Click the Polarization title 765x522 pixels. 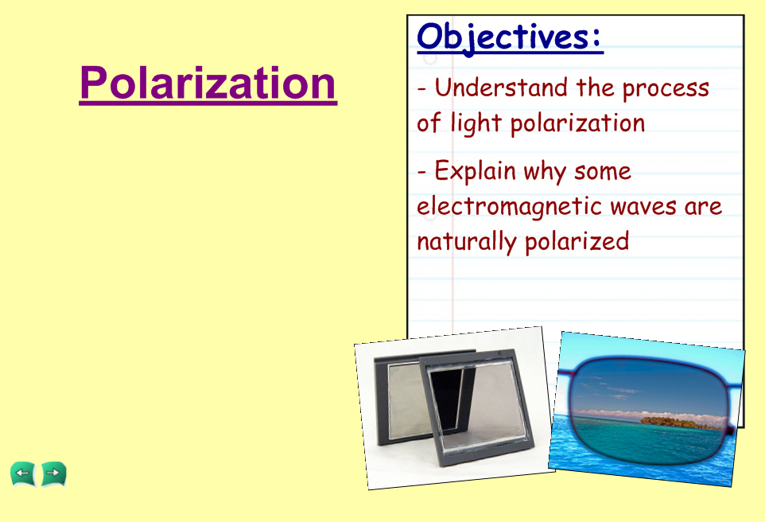coord(208,83)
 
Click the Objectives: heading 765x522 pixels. coord(510,37)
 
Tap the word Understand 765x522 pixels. coord(501,88)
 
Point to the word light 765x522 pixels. coord(476,123)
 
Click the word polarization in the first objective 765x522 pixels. coord(577,123)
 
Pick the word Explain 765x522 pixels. coord(475,171)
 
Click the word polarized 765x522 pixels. coord(577,242)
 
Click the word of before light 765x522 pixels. coord(429,123)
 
